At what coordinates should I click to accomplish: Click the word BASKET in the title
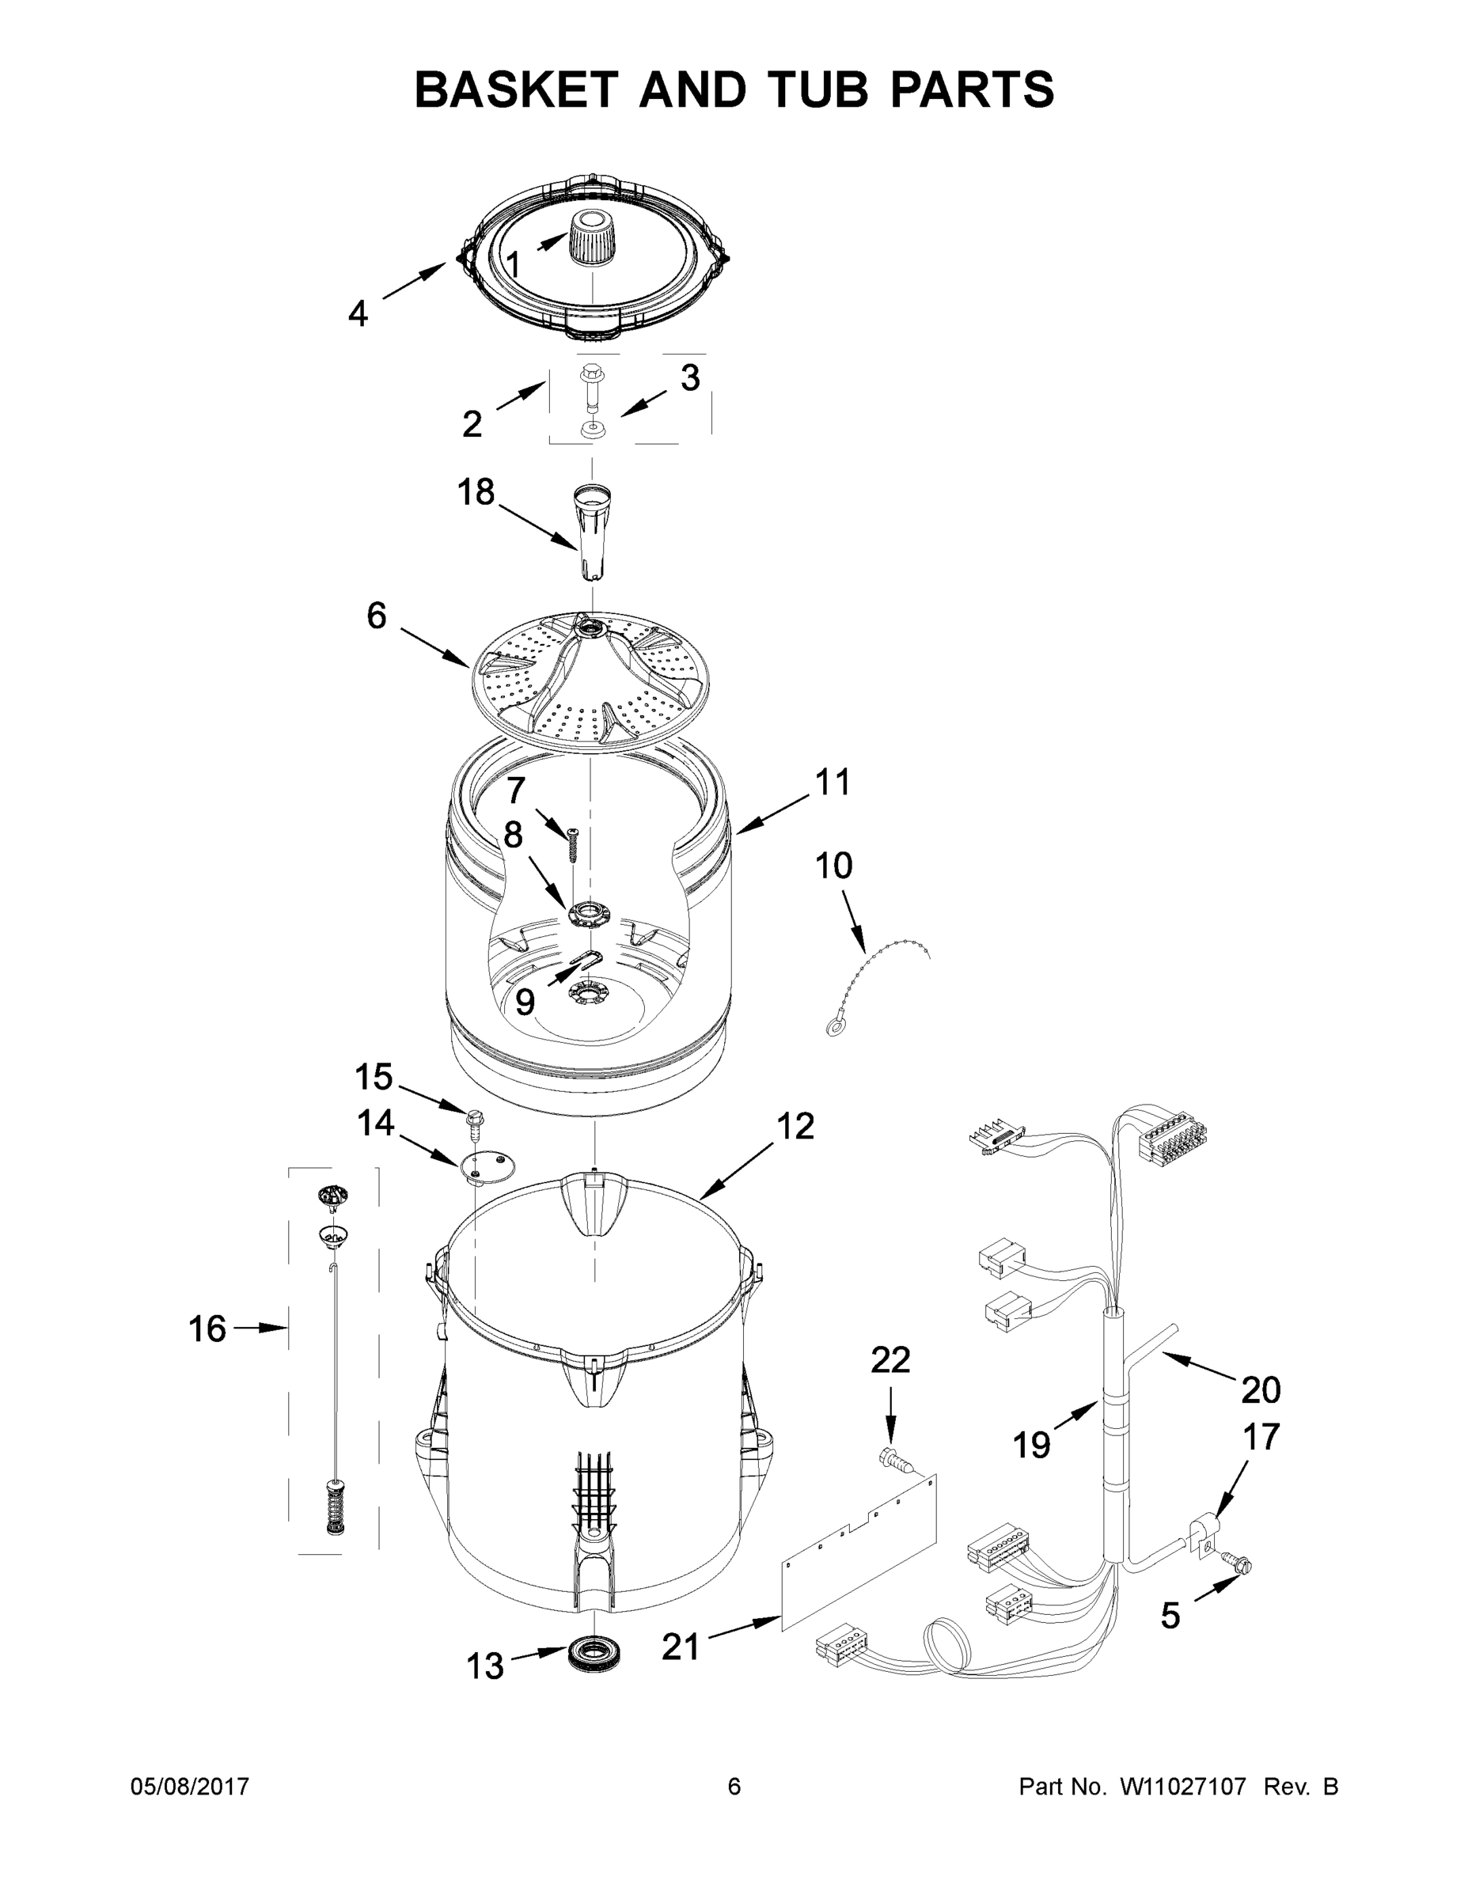pos(517,89)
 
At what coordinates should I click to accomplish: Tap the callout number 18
pos(476,492)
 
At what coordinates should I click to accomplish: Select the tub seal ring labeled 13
pos(590,1652)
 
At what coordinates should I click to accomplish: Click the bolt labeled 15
pos(475,1125)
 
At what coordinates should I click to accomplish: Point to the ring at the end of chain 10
pos(834,1030)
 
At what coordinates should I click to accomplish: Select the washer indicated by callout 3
pos(592,427)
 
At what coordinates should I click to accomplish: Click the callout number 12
pos(795,1126)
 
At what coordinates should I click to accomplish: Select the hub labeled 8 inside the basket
pos(587,913)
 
